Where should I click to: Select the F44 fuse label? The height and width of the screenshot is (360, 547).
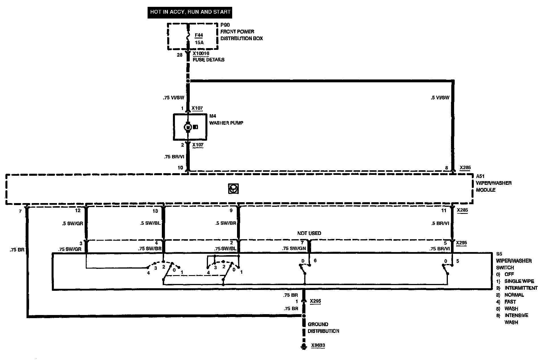[x=199, y=36]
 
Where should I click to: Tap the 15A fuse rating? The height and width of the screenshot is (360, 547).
[x=199, y=43]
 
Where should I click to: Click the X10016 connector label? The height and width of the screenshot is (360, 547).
[x=201, y=53]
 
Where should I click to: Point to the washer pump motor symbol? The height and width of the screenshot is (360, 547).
[x=188, y=127]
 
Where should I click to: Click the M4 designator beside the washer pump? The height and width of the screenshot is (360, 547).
[x=213, y=116]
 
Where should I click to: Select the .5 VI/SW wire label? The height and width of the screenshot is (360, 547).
[x=440, y=98]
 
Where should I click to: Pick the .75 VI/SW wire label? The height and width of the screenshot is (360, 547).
[x=174, y=98]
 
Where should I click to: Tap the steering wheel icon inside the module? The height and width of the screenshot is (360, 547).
[x=233, y=189]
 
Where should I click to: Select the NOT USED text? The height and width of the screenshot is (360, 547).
[x=309, y=233]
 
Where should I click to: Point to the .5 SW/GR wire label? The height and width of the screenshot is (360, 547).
[x=72, y=224]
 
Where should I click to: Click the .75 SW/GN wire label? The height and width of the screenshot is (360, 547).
[x=294, y=249]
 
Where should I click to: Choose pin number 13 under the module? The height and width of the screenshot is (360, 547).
[x=155, y=211]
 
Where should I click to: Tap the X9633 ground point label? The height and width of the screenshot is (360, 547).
[x=318, y=345]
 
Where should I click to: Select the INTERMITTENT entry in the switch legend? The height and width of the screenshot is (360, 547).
[x=521, y=288]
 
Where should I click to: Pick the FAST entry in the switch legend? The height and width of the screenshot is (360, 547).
[x=510, y=302]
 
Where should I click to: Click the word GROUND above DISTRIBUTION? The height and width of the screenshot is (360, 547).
[x=318, y=324]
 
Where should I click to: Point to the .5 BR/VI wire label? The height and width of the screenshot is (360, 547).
[x=440, y=224]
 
